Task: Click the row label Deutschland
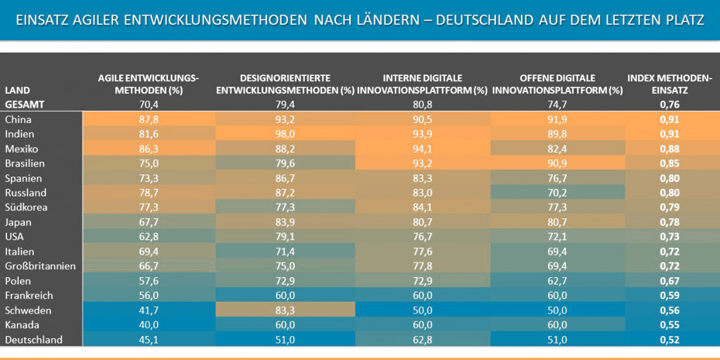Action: click(33, 340)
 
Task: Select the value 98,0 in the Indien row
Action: click(286, 134)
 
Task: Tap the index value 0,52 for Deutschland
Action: click(670, 340)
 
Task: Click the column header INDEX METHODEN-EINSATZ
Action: click(670, 84)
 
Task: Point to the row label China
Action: click(19, 119)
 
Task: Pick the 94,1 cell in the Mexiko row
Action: click(422, 149)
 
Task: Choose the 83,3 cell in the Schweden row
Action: click(286, 310)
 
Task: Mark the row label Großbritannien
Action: click(40, 266)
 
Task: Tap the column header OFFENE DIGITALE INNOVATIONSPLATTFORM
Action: click(557, 84)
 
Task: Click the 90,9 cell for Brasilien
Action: click(557, 163)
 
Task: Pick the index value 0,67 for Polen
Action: click(670, 281)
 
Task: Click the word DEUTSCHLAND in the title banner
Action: click(481, 19)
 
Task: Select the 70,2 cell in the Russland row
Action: click(557, 193)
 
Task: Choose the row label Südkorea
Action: click(26, 207)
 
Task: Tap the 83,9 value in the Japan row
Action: click(286, 222)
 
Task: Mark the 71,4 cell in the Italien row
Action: click(286, 252)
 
